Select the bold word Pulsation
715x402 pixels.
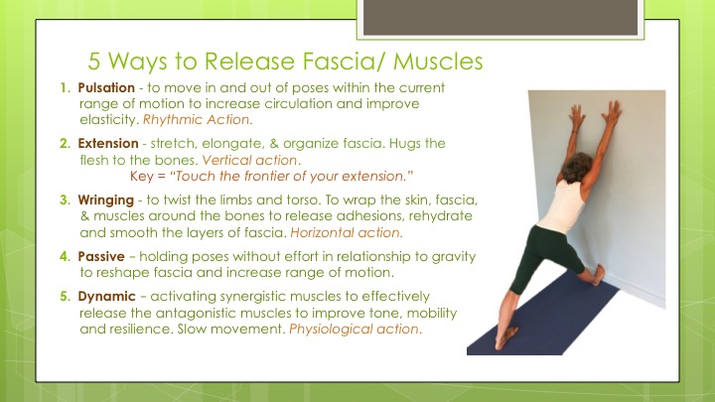106,87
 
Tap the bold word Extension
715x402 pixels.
108,144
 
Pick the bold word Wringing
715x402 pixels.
106,201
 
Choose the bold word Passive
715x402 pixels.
101,257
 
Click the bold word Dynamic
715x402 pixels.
106,297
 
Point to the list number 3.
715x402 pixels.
65,201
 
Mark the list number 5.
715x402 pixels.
65,296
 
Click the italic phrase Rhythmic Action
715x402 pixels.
196,120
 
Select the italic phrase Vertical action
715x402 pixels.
249,160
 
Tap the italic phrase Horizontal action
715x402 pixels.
346,232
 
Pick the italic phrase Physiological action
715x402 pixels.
354,330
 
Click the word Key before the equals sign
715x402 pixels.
142,177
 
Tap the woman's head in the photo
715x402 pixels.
576,168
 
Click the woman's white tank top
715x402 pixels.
563,206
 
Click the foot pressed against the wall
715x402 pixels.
598,275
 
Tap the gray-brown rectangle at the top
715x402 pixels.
500,17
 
